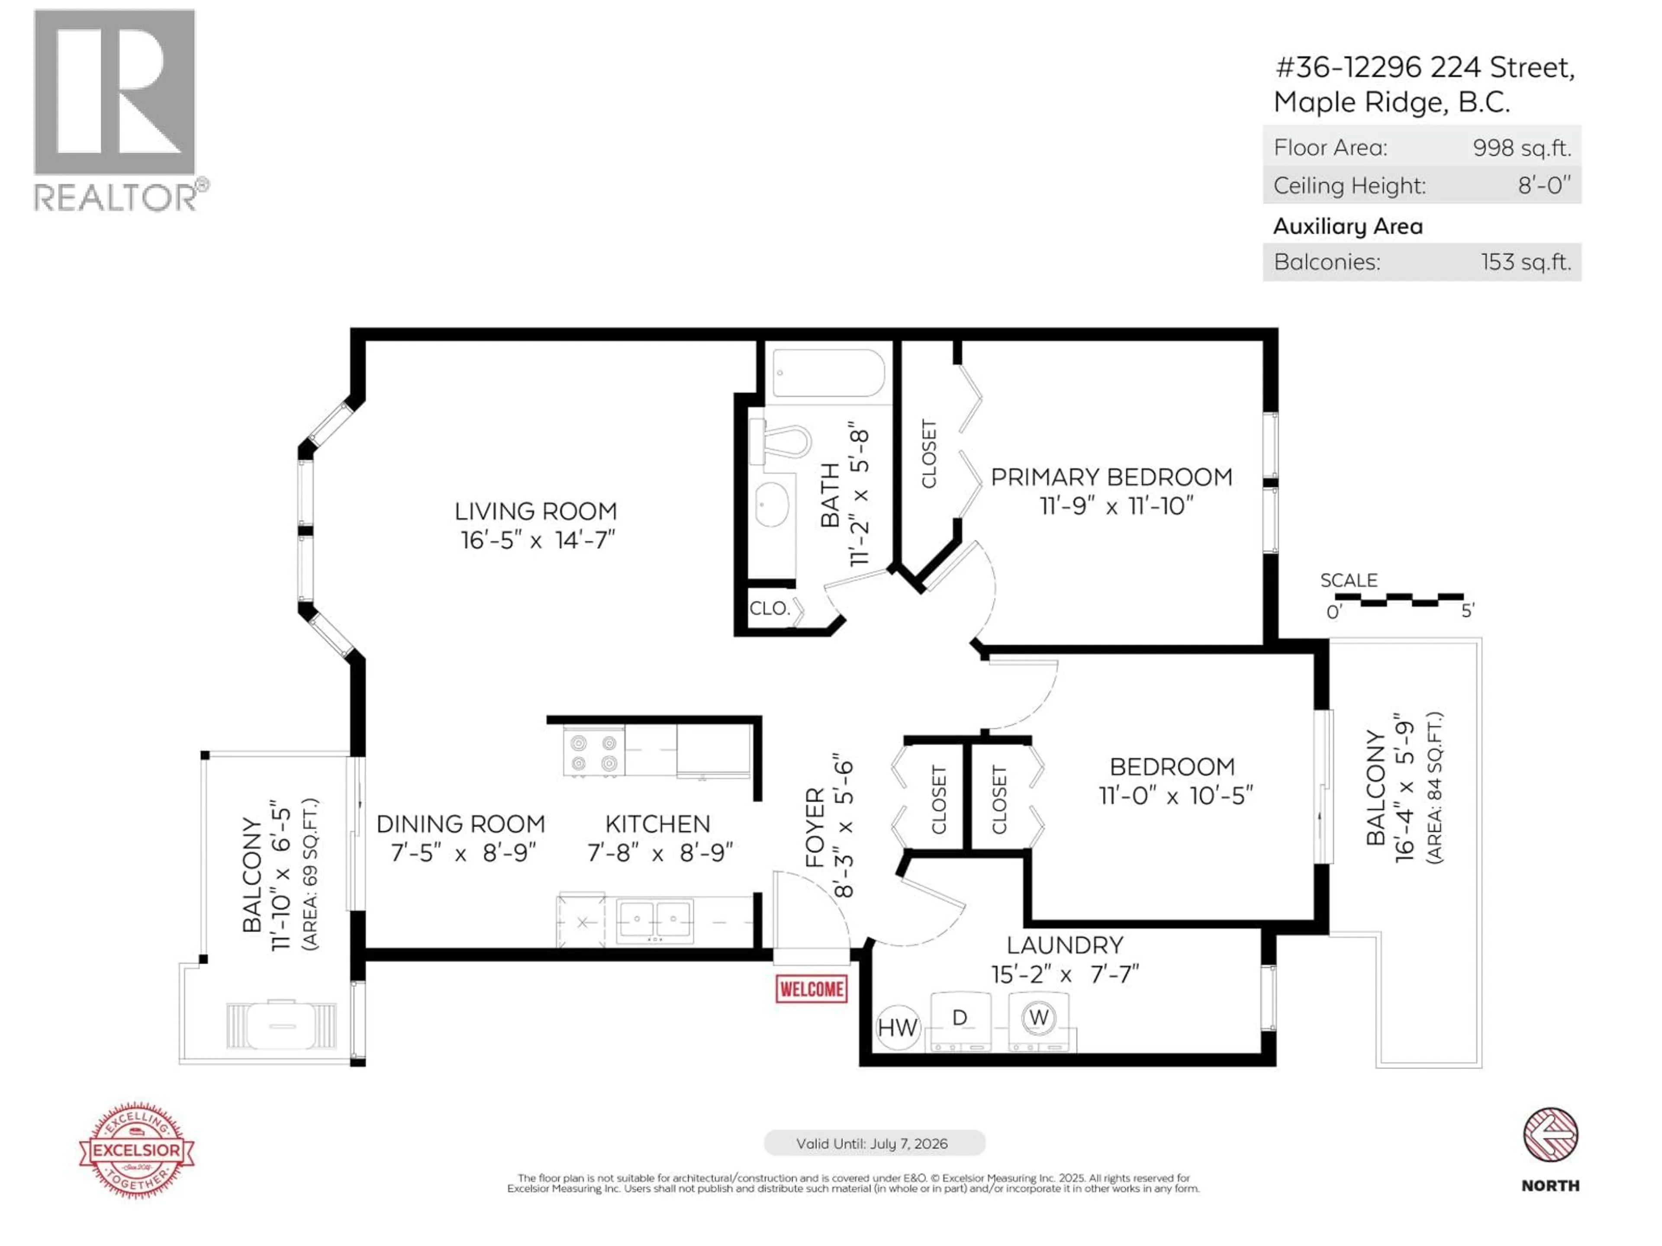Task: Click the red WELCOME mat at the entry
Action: coord(812,989)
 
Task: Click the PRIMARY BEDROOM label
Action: coord(1111,478)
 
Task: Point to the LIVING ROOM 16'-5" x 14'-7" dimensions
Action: coord(537,540)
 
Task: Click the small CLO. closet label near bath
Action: coord(770,608)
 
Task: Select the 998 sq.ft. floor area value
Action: coord(1521,148)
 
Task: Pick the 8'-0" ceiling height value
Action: coord(1543,186)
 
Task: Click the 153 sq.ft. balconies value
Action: coord(1525,262)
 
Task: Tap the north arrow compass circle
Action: coord(1550,1135)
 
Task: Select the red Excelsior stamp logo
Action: coord(137,1149)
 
